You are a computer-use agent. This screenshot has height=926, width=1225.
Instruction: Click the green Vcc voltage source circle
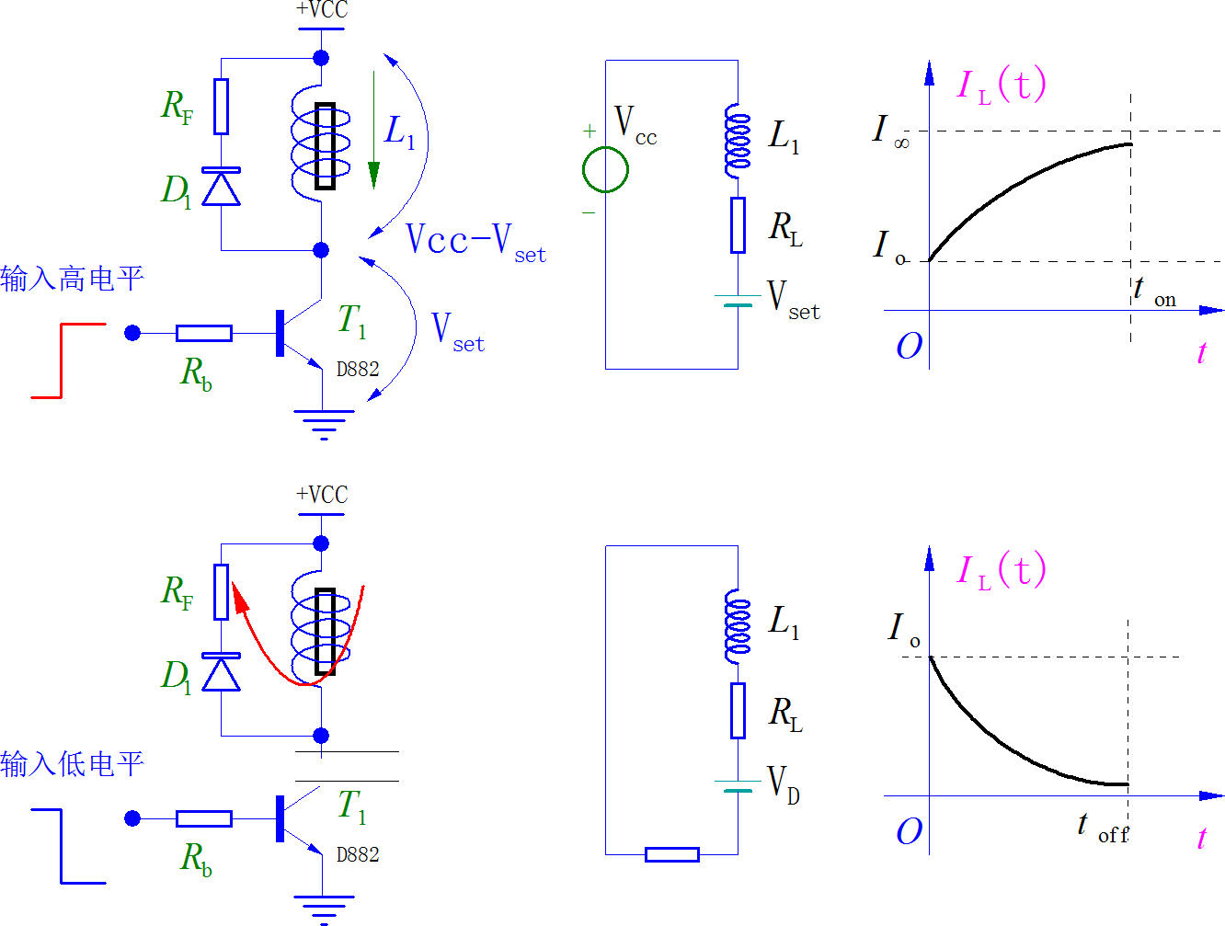point(605,169)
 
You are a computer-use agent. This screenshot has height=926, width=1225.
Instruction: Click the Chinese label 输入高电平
point(72,279)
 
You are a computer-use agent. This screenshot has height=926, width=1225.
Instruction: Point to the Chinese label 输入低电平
point(72,764)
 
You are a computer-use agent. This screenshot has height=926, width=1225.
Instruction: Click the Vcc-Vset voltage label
point(475,242)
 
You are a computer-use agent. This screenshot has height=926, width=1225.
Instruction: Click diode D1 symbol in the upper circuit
point(221,188)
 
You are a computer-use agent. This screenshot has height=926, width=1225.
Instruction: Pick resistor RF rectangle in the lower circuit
point(221,592)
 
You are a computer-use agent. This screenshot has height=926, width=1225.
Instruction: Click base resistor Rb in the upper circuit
point(203,333)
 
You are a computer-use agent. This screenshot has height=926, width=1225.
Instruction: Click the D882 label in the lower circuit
point(358,855)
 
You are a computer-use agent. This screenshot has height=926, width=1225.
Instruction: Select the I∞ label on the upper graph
point(889,131)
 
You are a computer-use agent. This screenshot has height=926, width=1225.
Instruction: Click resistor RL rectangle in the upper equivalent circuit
point(738,224)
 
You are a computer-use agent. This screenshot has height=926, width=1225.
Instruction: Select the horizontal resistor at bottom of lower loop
point(671,854)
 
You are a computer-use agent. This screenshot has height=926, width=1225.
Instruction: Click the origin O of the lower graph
point(909,831)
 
